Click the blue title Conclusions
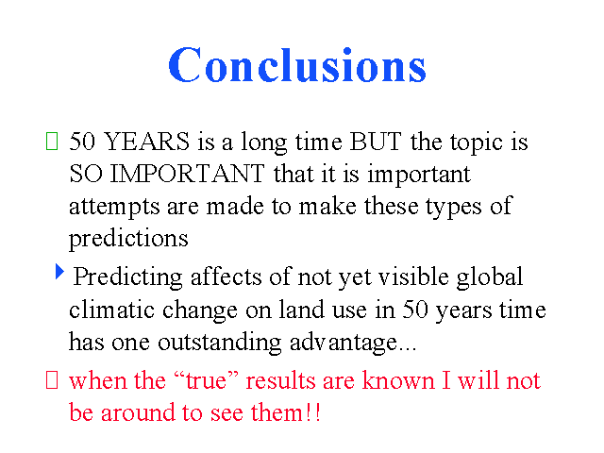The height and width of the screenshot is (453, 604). tap(297, 64)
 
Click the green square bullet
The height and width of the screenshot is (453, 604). tap(52, 141)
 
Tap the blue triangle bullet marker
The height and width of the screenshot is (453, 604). tap(59, 271)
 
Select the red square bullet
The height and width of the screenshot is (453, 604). tap(52, 379)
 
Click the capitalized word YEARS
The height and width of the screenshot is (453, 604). tap(147, 141)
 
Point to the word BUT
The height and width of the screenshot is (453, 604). tap(376, 141)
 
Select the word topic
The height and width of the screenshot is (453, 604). tap(477, 143)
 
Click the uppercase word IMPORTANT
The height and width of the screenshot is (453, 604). tap(187, 174)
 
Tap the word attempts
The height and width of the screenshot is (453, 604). tap(114, 208)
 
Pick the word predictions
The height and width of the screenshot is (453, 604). tap(128, 240)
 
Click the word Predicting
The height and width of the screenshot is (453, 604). tap(128, 278)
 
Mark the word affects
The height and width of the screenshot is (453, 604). tap(226, 277)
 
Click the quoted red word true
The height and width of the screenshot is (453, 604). tap(206, 380)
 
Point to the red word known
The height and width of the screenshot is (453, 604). tap(398, 379)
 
